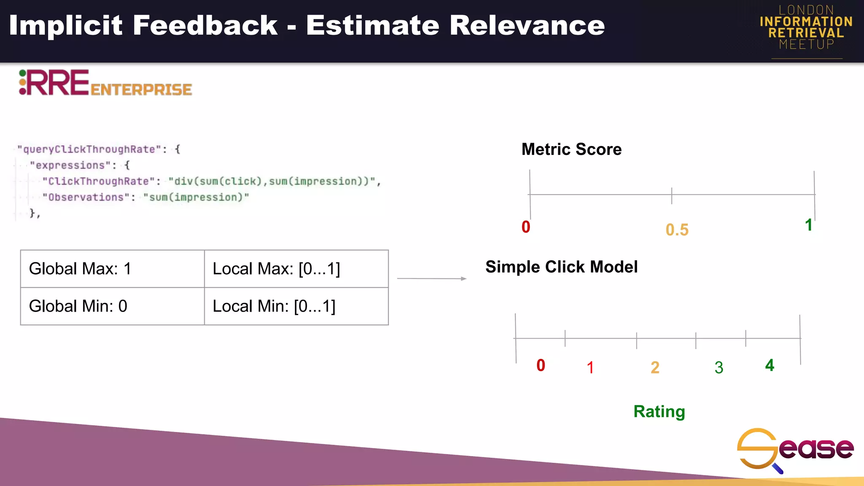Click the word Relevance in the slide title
coord(527,26)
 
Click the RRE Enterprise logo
coord(105,83)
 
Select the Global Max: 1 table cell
coord(112,269)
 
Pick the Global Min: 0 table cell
coord(112,306)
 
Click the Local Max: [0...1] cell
coord(296,269)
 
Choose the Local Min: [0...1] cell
coord(296,306)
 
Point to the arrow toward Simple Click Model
coord(432,278)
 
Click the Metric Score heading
coord(571,149)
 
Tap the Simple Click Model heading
coord(561,267)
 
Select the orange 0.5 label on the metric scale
coord(677,230)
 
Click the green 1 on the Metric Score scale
coord(808,225)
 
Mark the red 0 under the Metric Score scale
coord(526,227)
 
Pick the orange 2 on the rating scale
coord(655,367)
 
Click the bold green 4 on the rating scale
coord(769,365)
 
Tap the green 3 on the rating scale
coord(719,367)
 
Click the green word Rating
coord(659,411)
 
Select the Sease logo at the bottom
coord(795,449)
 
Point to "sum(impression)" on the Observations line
coord(196,197)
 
